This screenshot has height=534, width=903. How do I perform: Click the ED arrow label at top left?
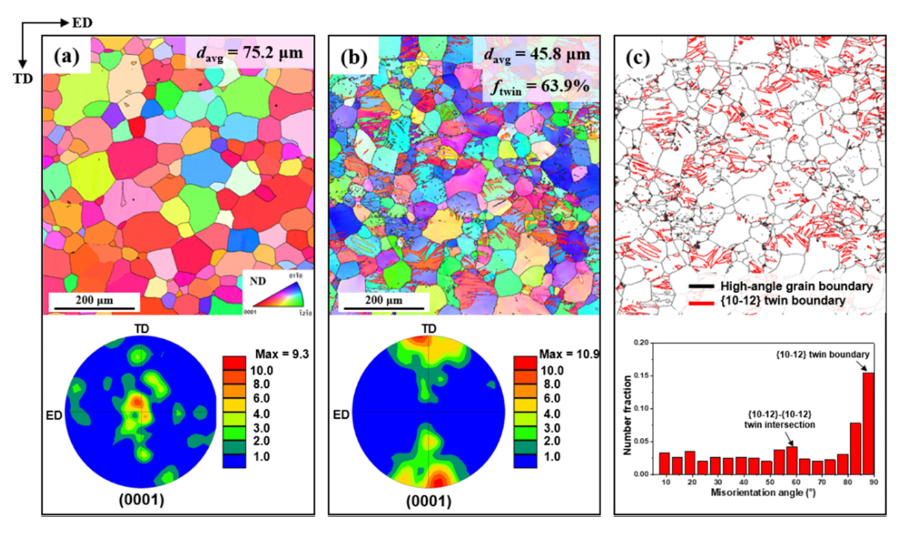80,23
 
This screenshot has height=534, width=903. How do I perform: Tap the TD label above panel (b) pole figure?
429,329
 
